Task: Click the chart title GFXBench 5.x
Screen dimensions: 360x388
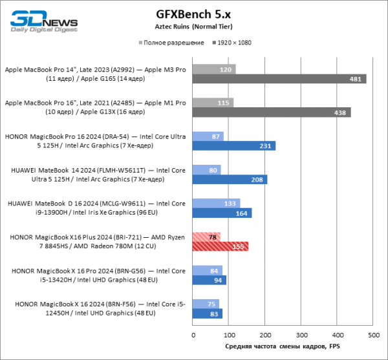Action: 193,14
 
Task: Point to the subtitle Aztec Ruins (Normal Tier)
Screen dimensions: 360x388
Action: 193,26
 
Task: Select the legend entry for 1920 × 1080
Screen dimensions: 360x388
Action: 235,43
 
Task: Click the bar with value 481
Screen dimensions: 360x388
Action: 279,79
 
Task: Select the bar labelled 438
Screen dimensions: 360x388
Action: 272,112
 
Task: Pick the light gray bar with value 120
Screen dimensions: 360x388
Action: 214,69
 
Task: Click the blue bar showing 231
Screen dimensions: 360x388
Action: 234,146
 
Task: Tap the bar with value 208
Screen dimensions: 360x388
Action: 230,180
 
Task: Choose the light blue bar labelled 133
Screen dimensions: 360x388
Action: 217,204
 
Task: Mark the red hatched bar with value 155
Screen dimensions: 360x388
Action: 221,246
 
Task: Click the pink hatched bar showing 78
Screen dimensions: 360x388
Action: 207,237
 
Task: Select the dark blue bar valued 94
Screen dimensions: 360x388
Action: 210,280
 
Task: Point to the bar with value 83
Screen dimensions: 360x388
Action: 208,313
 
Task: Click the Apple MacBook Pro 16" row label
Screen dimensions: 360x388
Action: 96,107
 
